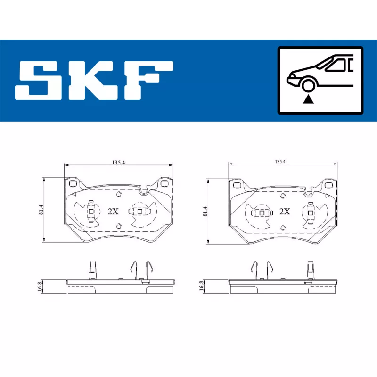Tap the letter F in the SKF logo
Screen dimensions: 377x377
pyautogui.click(x=149, y=81)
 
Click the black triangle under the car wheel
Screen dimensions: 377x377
pyautogui.click(x=308, y=99)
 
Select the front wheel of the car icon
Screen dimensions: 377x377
pyautogui.click(x=308, y=85)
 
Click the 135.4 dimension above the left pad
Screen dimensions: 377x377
pyautogui.click(x=119, y=163)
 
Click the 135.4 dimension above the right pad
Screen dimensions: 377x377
pyautogui.click(x=280, y=162)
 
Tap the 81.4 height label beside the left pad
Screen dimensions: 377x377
pyautogui.click(x=41, y=210)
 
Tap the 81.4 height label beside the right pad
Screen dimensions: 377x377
pyautogui.click(x=205, y=211)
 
